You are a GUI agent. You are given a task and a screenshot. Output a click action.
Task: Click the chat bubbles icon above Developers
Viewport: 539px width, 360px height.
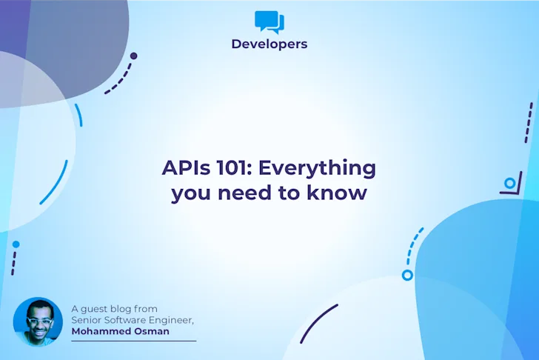click(269, 21)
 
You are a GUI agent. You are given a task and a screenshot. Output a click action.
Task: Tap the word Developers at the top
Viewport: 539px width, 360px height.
click(269, 44)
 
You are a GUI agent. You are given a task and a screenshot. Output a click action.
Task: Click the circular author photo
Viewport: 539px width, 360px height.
click(37, 321)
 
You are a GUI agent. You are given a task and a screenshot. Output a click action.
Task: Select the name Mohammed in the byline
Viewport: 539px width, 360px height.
click(101, 332)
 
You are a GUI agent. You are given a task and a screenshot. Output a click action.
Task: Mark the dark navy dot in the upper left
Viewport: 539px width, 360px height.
click(133, 56)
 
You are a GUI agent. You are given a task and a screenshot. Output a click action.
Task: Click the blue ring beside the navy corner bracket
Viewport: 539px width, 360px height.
click(509, 183)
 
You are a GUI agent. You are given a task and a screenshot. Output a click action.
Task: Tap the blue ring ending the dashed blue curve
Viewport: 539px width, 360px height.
click(406, 276)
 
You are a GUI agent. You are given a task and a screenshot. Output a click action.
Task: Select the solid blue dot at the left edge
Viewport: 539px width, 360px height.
click(16, 244)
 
